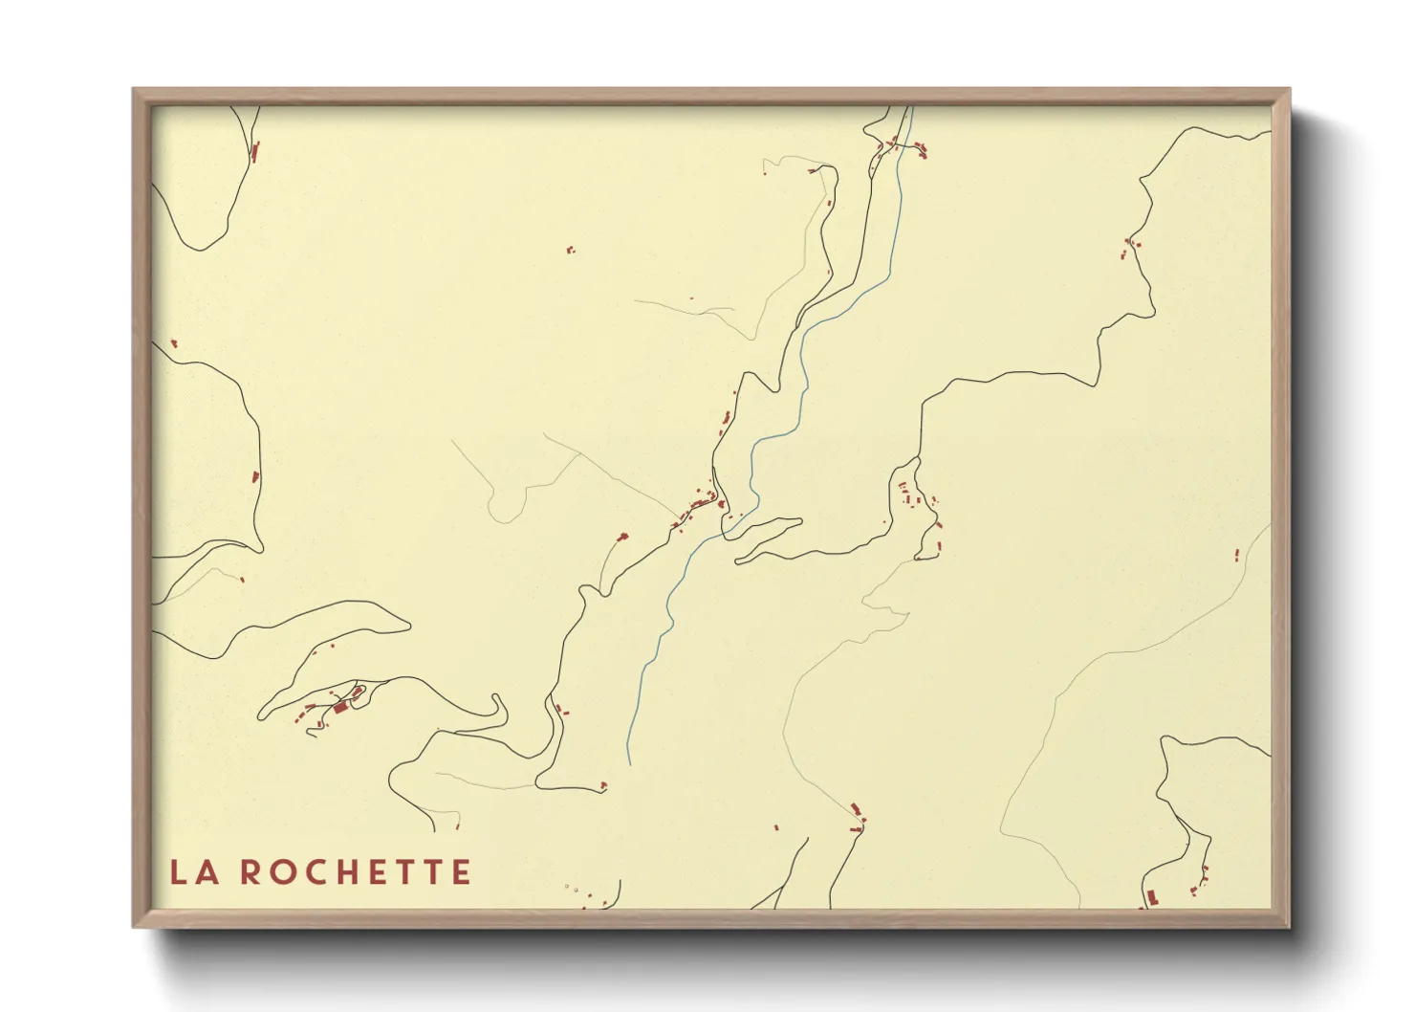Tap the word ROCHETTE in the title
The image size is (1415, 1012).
point(355,872)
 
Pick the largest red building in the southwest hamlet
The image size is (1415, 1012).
point(339,708)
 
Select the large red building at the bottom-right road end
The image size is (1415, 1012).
point(1151,896)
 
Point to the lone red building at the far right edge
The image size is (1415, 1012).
point(1236,554)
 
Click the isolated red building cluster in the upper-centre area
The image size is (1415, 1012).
point(571,251)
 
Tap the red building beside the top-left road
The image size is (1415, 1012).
point(255,150)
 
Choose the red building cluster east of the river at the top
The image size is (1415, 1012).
point(921,148)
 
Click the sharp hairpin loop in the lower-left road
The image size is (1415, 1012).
point(496,709)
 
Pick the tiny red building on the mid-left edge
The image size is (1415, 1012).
point(173,342)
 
